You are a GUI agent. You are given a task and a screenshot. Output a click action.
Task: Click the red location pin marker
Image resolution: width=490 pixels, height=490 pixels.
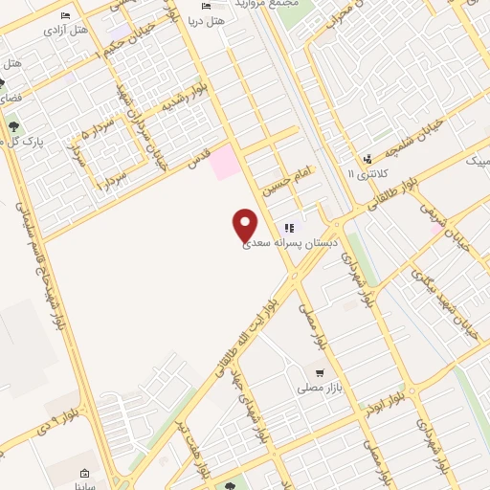245,223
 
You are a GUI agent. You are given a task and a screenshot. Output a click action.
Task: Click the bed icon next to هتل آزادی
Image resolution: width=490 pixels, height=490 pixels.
65,15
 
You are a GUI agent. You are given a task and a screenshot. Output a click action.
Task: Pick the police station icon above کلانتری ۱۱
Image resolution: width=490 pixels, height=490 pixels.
367,159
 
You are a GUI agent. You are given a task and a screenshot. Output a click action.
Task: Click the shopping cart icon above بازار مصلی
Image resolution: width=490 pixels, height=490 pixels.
319,373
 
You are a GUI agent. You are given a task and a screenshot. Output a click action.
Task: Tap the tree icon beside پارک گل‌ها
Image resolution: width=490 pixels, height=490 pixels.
14,125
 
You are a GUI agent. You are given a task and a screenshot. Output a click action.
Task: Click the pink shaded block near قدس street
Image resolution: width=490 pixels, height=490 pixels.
223,161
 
